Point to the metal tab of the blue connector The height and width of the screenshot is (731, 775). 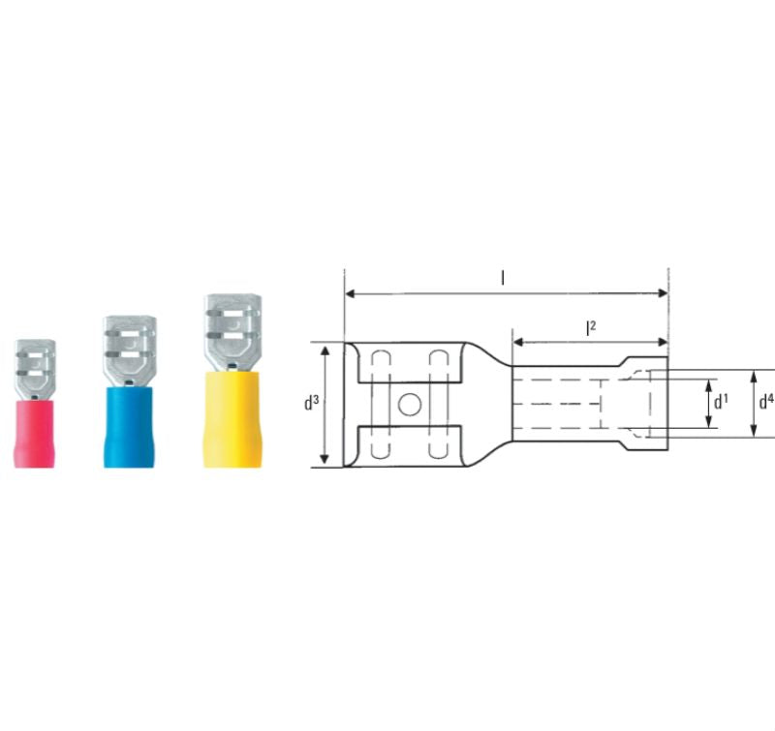(130, 347)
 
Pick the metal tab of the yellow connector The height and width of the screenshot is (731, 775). (232, 332)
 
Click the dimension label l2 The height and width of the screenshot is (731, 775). (590, 327)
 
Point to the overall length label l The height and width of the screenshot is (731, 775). (503, 278)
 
